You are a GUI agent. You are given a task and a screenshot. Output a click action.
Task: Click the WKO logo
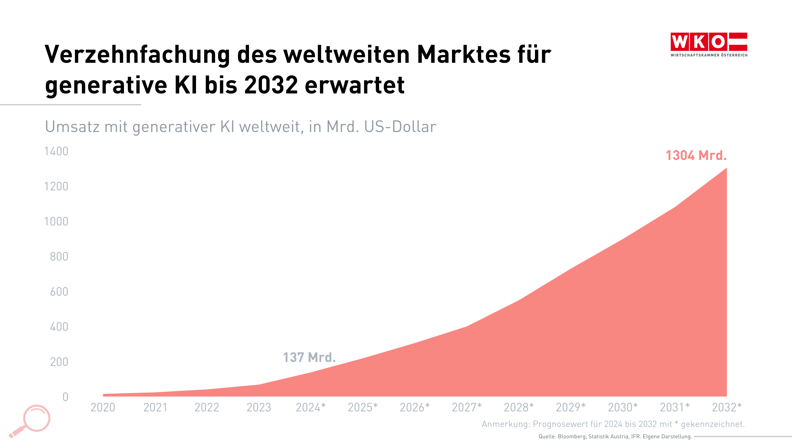[709, 44]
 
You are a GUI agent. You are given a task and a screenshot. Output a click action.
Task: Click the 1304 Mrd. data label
[696, 156]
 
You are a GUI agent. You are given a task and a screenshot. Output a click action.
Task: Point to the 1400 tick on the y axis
[56, 151]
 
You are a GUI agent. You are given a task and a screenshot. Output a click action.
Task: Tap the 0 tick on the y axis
[65, 397]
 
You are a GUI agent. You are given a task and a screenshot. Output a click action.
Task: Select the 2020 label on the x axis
[103, 407]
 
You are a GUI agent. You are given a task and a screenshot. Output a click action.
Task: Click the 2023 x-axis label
[259, 407]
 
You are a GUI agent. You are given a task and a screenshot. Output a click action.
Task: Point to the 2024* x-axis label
[311, 407]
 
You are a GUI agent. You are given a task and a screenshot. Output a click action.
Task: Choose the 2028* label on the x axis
[519, 407]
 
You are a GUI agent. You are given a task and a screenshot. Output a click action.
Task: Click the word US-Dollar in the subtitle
[400, 127]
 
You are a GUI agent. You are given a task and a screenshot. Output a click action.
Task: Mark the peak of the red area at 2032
[726, 168]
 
